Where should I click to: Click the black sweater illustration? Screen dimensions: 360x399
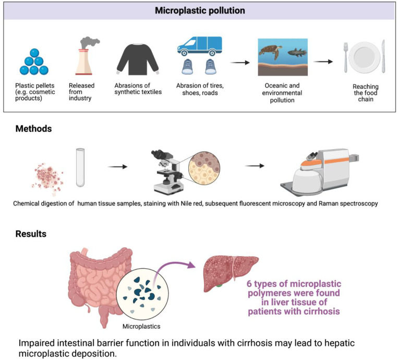pyautogui.click(x=137, y=58)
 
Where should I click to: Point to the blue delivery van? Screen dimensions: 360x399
pyautogui.click(x=199, y=46)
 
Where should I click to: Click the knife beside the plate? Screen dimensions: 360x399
pyautogui.click(x=384, y=57)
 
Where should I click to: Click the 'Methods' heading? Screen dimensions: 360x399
pyautogui.click(x=33, y=128)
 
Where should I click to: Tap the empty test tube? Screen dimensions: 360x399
pyautogui.click(x=80, y=167)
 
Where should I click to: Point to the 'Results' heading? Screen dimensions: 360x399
pyautogui.click(x=31, y=234)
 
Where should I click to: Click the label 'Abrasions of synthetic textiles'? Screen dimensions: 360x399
pyautogui.click(x=137, y=90)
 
